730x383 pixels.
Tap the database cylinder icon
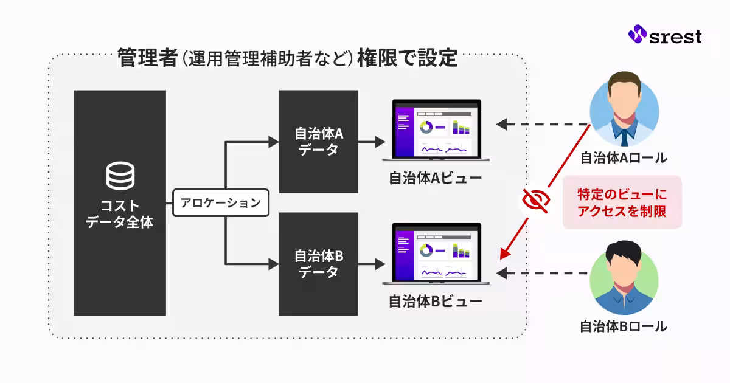[x=119, y=176]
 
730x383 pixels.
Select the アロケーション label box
[x=221, y=203]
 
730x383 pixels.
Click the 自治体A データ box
[x=318, y=142]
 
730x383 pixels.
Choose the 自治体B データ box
[x=318, y=264]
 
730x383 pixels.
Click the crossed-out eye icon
[x=536, y=199]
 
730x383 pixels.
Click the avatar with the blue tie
[x=624, y=107]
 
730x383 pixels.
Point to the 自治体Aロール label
[x=624, y=159]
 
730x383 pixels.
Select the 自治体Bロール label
[x=624, y=326]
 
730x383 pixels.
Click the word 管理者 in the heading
[x=142, y=59]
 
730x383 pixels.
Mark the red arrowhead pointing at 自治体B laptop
[x=504, y=252]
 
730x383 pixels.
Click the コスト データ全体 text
[x=119, y=213]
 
